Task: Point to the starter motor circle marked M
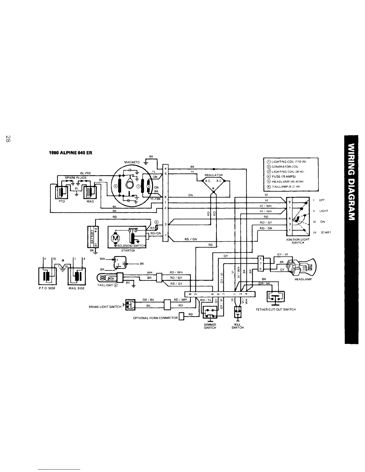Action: tap(115, 237)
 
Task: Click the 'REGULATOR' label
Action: tap(214, 175)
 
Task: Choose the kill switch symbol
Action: tap(238, 312)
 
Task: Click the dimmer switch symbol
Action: tap(210, 312)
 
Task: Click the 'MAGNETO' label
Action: tap(132, 162)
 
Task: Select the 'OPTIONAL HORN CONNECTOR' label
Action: tap(155, 318)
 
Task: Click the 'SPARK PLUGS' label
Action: tap(76, 178)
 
